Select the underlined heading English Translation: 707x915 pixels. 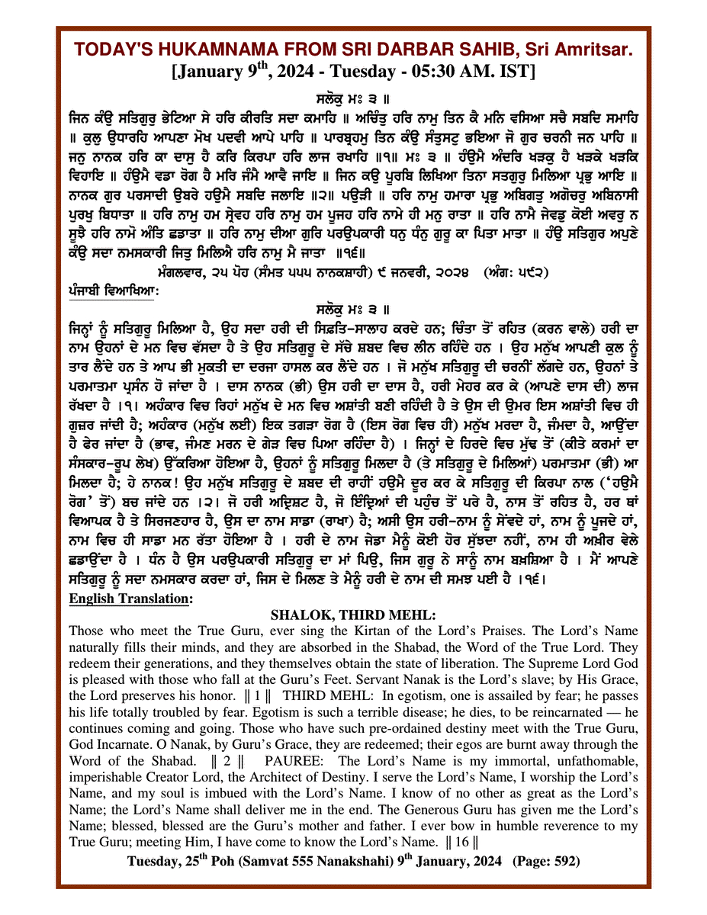click(x=130, y=599)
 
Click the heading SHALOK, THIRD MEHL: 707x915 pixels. click(x=352, y=615)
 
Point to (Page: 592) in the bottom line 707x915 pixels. click(x=545, y=861)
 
